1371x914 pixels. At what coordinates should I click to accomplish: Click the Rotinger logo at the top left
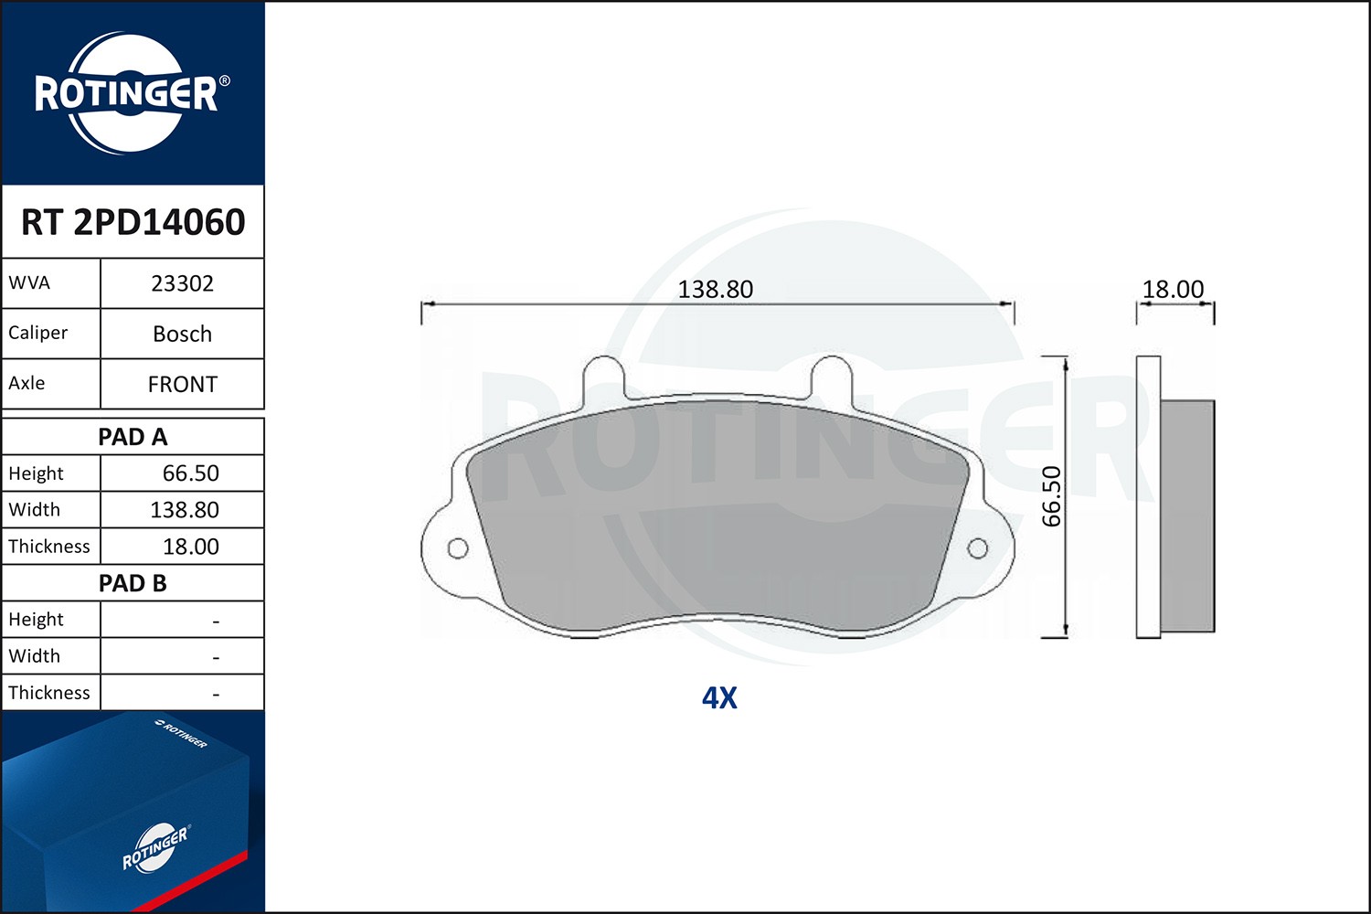(x=128, y=93)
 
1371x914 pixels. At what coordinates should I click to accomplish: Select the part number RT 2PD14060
(x=133, y=222)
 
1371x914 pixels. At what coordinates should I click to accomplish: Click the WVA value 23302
(x=182, y=283)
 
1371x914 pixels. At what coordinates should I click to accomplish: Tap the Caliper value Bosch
(x=182, y=335)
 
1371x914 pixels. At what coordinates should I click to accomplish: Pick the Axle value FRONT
(x=182, y=385)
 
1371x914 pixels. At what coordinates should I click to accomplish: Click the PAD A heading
(x=133, y=437)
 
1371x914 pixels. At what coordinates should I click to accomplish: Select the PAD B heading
(x=133, y=583)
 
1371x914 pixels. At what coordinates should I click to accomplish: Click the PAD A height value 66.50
(x=190, y=473)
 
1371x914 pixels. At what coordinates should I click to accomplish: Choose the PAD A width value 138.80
(x=184, y=510)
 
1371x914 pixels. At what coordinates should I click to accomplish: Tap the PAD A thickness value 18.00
(x=190, y=547)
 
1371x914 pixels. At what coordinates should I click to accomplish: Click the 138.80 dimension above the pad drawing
(x=715, y=290)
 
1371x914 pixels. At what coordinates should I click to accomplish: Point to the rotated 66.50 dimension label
(x=1052, y=496)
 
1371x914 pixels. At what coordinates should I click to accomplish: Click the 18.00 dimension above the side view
(x=1173, y=290)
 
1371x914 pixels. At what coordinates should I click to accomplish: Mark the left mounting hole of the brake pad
(x=458, y=548)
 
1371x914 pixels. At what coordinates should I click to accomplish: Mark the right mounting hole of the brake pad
(x=977, y=548)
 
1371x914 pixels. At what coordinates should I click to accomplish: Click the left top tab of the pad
(x=603, y=375)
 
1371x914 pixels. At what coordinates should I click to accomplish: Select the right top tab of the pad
(x=831, y=375)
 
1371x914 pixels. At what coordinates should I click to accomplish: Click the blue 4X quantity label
(x=719, y=698)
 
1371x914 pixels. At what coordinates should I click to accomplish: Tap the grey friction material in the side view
(x=1187, y=515)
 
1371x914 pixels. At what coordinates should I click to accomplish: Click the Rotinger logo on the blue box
(x=154, y=847)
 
